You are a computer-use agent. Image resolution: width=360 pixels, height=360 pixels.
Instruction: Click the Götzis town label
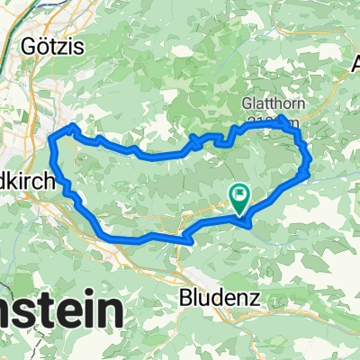coord(59,46)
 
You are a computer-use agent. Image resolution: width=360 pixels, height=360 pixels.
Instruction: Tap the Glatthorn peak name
coord(274,103)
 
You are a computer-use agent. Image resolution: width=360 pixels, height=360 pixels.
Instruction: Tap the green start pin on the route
coord(241,196)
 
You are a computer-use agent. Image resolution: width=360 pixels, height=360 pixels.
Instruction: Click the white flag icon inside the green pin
coord(241,192)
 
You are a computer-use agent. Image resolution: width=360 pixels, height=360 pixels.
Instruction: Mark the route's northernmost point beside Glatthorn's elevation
coord(283,119)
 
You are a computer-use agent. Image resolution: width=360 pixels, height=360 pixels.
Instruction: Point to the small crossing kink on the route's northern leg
coord(195,139)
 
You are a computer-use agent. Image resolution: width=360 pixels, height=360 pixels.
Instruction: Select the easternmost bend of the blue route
coord(310,163)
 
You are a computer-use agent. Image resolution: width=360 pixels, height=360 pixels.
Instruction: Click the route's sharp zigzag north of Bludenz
coord(187,239)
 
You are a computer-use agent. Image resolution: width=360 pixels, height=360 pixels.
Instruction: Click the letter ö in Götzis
coord(50,46)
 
